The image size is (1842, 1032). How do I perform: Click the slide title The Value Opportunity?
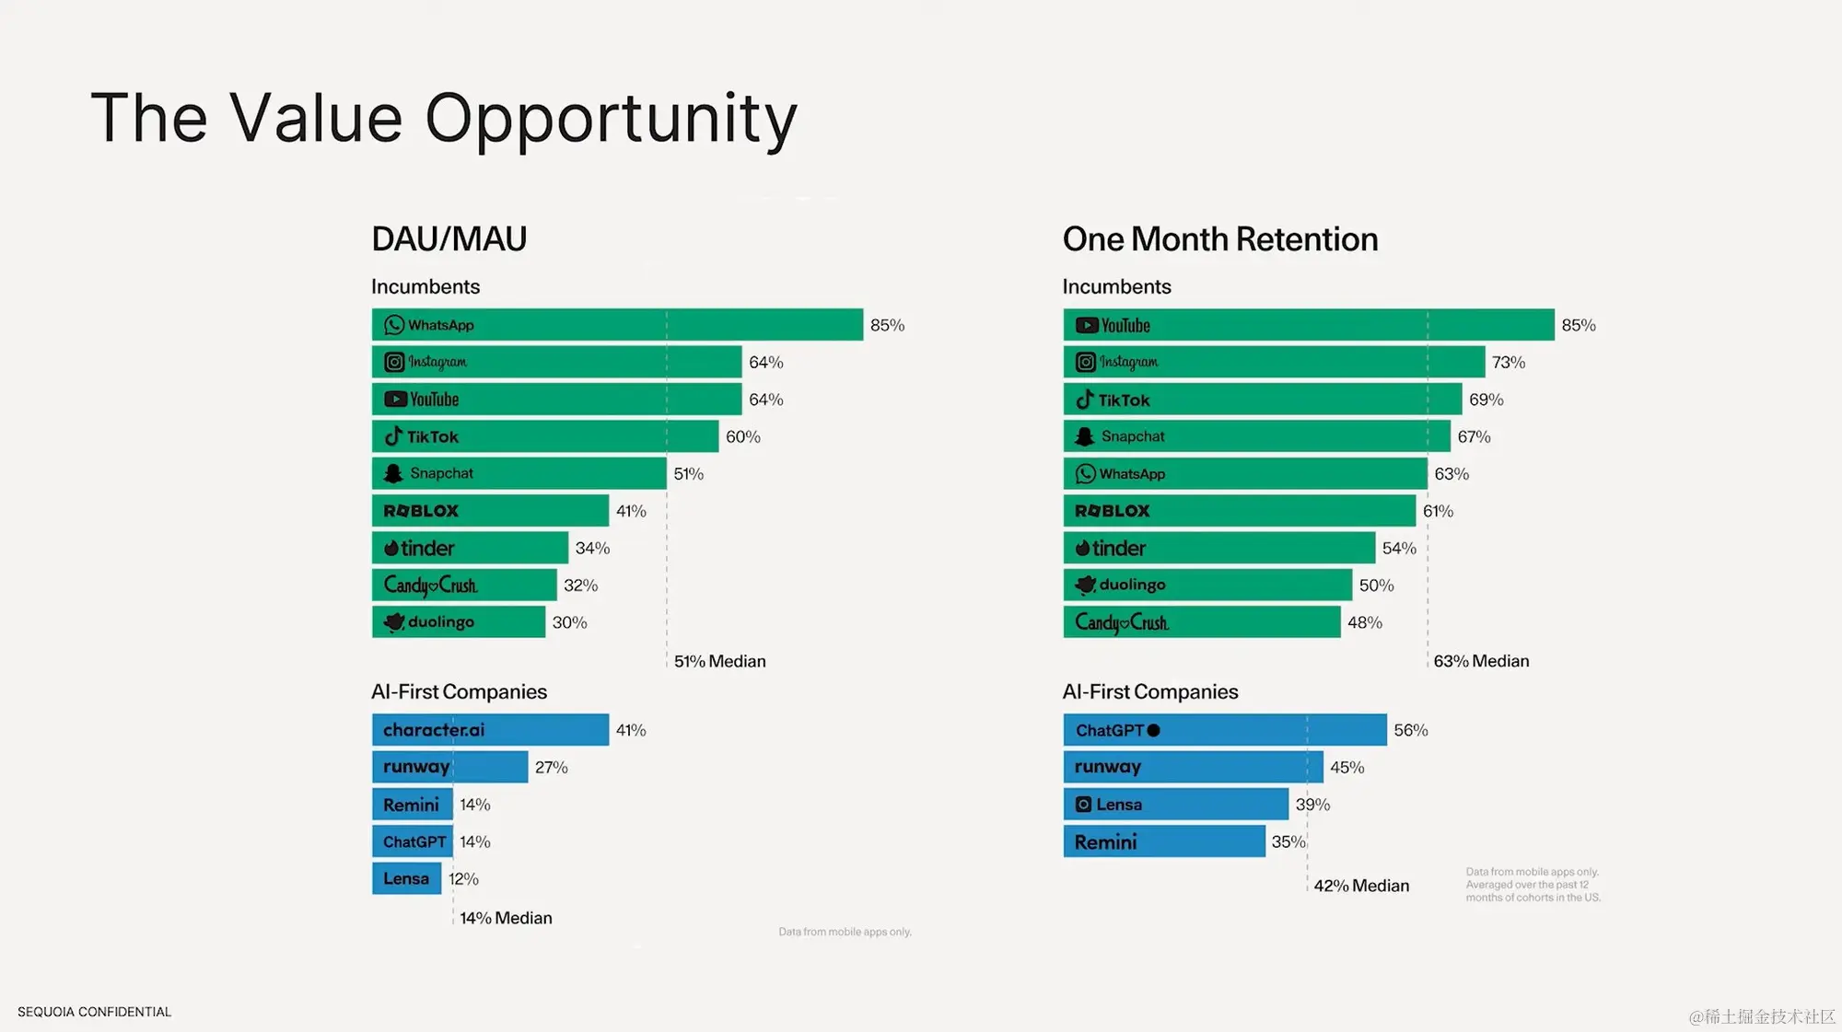(x=444, y=118)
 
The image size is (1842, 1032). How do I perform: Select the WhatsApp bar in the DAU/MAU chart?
(x=617, y=325)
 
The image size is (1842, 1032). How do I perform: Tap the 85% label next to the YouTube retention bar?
(x=1578, y=325)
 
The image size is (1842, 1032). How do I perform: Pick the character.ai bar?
(x=490, y=730)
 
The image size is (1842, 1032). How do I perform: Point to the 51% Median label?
(x=719, y=661)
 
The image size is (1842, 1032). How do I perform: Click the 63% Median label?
(x=1480, y=661)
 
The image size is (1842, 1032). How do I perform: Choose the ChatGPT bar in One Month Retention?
(x=1224, y=730)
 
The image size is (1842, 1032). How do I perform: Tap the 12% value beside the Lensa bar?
(x=463, y=879)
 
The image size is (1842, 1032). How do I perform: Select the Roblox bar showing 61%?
(x=1239, y=511)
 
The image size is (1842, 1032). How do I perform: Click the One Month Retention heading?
(x=1219, y=239)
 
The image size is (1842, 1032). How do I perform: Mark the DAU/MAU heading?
(x=449, y=239)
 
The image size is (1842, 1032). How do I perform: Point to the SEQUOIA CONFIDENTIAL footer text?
(x=94, y=1012)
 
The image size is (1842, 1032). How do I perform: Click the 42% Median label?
(x=1360, y=886)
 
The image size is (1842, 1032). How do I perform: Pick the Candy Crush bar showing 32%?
(x=464, y=586)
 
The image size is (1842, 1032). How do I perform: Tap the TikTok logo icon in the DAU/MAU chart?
(x=393, y=436)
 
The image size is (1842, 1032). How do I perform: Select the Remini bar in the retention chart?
(x=1164, y=841)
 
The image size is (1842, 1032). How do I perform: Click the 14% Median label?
(x=506, y=918)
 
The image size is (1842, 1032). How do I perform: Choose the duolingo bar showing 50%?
(x=1207, y=586)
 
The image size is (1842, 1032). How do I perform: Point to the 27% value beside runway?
(x=551, y=768)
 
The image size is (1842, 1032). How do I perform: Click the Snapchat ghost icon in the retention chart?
(x=1085, y=436)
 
